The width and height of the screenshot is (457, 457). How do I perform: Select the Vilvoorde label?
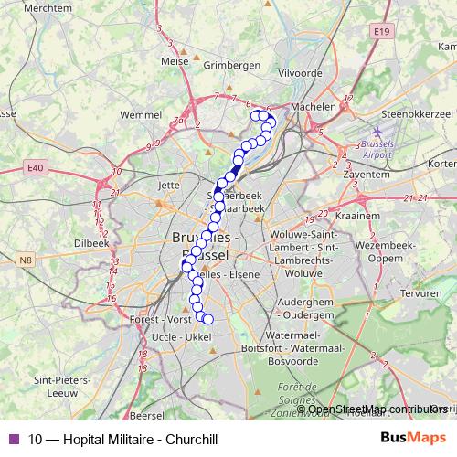(301, 71)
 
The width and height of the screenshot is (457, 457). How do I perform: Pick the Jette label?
(169, 184)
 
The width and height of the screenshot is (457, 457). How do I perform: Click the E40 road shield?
(36, 168)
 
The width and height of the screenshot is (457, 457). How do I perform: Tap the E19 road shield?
(381, 31)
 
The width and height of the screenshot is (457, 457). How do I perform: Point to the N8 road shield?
(26, 262)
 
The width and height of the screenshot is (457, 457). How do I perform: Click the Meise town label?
(174, 62)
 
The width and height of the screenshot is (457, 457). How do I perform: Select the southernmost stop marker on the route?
(207, 319)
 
